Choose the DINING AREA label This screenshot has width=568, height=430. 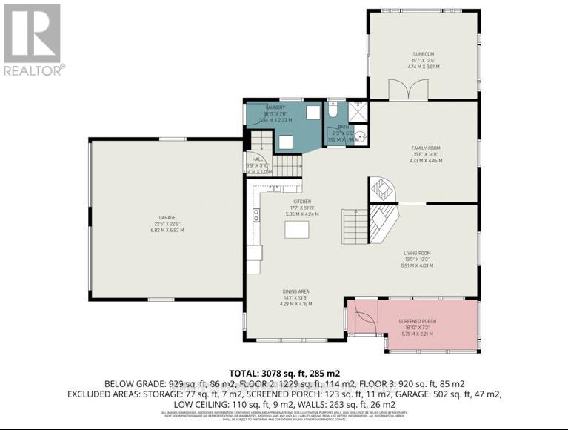295,293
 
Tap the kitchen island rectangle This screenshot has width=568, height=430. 296,230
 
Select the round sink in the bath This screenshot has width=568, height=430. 361,137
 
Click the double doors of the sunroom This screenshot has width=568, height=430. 403,91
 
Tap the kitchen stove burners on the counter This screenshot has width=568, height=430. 257,216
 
